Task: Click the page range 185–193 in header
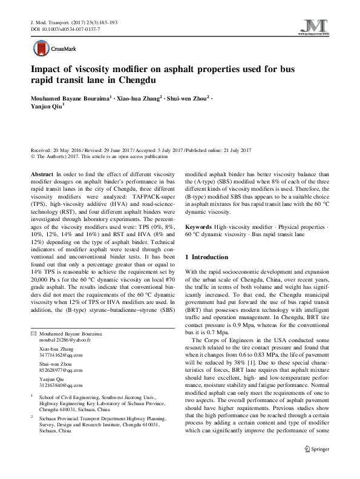pos(106,22)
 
